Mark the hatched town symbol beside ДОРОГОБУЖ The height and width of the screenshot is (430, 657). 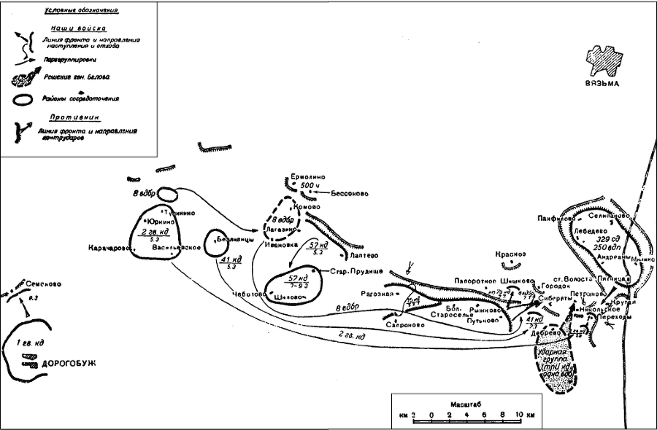pos(29,356)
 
